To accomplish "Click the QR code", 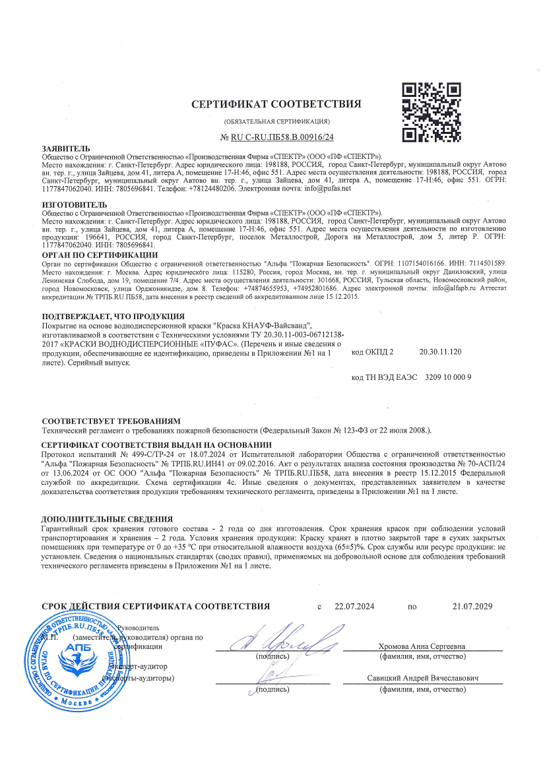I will tap(431, 111).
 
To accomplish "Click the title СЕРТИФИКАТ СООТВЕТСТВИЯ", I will tap(276, 104).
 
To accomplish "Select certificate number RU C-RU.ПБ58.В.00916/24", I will tap(277, 137).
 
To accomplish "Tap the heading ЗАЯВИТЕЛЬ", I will tap(61, 149).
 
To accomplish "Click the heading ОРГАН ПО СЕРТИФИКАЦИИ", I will tap(100, 254).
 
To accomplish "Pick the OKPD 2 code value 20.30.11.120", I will tap(440, 352).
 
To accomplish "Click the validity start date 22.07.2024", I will tap(354, 606).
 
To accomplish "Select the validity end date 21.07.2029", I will tap(472, 606).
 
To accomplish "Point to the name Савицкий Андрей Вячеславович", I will tap(423, 678).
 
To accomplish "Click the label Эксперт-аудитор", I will tap(142, 667).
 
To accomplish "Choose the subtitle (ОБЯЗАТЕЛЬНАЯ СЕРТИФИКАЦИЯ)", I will tap(277, 121).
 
